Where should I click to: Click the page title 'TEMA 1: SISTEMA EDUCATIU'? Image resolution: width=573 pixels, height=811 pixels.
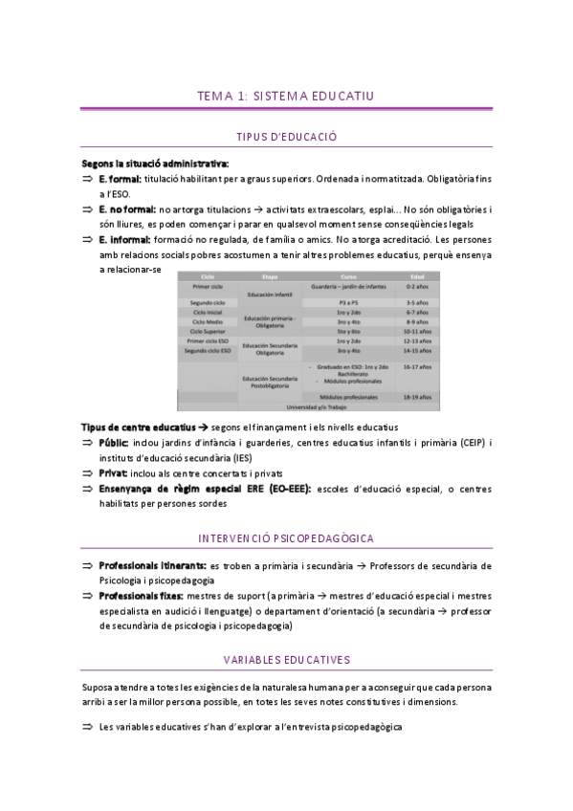point(285,96)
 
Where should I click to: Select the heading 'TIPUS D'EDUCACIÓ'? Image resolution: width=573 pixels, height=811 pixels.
point(286,138)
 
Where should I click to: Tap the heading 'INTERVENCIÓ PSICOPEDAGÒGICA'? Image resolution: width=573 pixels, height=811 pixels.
point(286,538)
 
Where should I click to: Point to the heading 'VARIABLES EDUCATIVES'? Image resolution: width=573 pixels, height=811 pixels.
point(286,660)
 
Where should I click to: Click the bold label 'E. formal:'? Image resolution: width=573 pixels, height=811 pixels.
point(120,179)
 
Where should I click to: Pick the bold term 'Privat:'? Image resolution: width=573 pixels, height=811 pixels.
point(114,472)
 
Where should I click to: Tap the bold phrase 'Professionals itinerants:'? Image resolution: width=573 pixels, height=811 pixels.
point(152,565)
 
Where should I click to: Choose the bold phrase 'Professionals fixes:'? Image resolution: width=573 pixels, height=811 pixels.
point(141,596)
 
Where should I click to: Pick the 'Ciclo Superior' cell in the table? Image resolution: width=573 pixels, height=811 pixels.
point(209,331)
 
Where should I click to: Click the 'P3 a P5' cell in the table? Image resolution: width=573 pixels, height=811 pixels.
point(348,302)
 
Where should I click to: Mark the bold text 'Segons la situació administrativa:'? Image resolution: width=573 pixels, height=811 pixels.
point(155,164)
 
